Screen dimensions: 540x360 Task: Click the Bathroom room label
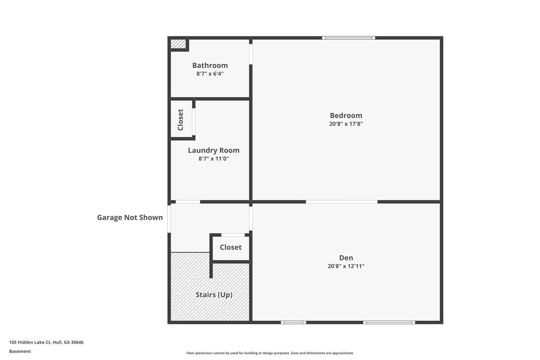pos(210,66)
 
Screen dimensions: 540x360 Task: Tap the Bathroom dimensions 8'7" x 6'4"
pos(210,74)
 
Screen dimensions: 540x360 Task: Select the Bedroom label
pos(346,115)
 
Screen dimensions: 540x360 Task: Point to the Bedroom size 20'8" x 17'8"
pos(346,124)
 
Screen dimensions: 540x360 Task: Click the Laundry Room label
pos(213,151)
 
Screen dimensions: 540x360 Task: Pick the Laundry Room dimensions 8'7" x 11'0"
pos(213,159)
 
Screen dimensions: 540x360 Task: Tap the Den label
pos(346,258)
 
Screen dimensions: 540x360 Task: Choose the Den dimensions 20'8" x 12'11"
pos(346,266)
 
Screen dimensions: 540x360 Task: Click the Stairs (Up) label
pos(214,294)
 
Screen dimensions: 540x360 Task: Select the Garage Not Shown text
pos(130,217)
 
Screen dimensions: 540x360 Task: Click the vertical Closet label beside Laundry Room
pos(180,119)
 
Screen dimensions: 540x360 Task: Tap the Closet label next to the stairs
pos(230,247)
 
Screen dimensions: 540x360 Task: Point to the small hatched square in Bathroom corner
pos(178,44)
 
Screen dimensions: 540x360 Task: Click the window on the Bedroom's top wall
pos(349,38)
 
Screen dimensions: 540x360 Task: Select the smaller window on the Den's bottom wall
pos(293,322)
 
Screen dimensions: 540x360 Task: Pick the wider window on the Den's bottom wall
pos(389,322)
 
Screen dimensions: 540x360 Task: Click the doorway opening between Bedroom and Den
pos(342,202)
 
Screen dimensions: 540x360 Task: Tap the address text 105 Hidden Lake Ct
pos(30,342)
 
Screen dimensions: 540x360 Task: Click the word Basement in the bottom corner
pos(20,352)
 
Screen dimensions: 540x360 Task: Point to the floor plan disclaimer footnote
pos(270,353)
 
